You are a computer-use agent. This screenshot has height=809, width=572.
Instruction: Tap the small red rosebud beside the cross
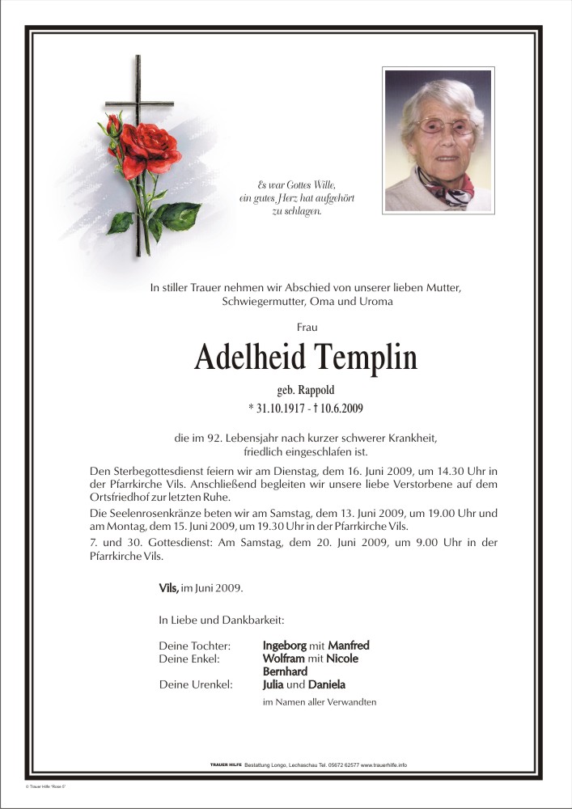pos(113,124)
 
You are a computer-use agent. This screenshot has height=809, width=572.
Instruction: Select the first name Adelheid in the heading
pos(248,358)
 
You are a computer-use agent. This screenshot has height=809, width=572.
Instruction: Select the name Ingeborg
pos(285,646)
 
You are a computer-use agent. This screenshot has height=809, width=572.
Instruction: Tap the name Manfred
pos(348,646)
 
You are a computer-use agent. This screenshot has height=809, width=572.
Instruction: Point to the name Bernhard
pos(285,671)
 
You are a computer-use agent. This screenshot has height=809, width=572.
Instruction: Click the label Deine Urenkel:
pos(196,684)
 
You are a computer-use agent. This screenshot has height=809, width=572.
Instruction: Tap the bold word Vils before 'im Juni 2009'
pos(169,587)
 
